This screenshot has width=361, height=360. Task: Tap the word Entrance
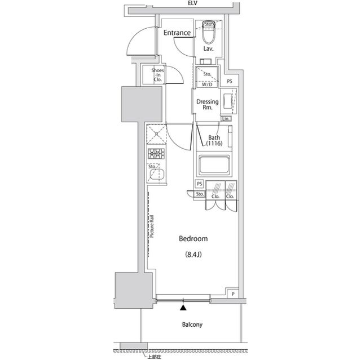[177, 33]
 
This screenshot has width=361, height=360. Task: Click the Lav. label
[208, 49]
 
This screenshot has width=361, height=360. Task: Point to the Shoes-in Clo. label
[157, 75]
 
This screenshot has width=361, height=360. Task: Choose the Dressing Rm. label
[207, 105]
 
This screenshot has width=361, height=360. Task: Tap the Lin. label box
[227, 118]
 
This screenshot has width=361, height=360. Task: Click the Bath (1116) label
[214, 141]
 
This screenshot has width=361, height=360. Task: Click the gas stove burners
[156, 153]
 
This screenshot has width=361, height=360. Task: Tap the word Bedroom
[193, 239]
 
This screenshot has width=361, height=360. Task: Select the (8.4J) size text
[193, 254]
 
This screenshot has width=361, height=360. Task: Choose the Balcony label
[192, 325]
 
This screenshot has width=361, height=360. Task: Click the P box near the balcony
[232, 294]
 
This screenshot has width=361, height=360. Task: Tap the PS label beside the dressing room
[230, 82]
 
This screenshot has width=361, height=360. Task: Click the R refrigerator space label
[156, 134]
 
